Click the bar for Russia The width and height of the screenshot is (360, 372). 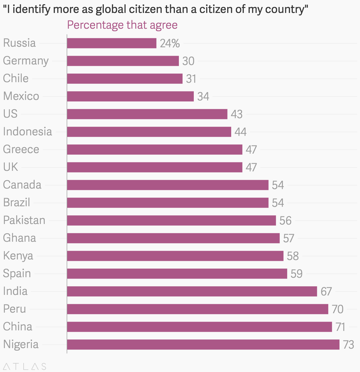112,43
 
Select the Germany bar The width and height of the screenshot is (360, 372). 123,61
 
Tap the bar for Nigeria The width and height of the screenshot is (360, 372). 203,344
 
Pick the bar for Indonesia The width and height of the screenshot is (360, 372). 149,132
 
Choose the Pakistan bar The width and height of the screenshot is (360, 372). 171,220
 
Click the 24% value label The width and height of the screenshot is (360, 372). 170,43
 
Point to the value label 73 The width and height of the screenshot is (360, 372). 348,345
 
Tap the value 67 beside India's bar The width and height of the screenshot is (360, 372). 326,292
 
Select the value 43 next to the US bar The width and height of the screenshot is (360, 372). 237,114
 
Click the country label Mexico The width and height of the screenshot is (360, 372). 21,96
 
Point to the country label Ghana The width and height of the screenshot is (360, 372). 19,238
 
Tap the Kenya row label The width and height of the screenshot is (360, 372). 18,256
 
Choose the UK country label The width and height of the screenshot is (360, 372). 10,167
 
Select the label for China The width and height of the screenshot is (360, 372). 18,327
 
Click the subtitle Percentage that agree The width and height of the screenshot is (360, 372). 122,25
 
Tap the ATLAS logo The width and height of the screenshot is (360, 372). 25,366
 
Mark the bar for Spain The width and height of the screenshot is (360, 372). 177,274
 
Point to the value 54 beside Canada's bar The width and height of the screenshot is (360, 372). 278,185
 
